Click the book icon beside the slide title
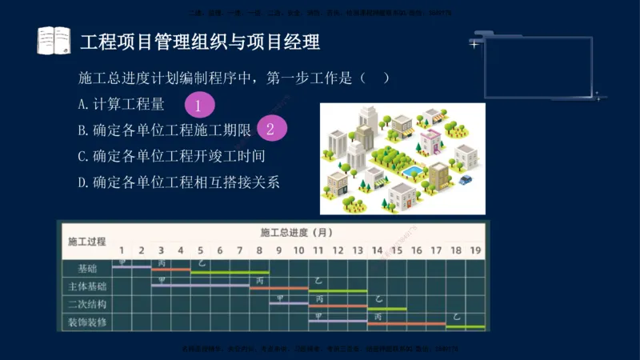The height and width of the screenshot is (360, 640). [54, 40]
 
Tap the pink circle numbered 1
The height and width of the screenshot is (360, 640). [199, 105]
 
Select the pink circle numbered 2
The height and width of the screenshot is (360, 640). [271, 128]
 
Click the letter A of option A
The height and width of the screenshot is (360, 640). [82, 104]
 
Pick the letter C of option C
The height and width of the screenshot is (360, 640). [82, 155]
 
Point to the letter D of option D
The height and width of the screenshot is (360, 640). [82, 182]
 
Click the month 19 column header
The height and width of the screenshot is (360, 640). [475, 250]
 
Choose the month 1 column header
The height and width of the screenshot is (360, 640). [122, 250]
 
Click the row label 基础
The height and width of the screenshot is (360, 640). [88, 268]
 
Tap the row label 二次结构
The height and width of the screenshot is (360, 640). [88, 305]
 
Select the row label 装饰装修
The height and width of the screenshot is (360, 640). [88, 323]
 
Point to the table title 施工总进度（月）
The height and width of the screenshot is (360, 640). [296, 233]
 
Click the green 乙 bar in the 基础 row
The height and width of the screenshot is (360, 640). [230, 272]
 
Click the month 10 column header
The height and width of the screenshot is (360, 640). [298, 250]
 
